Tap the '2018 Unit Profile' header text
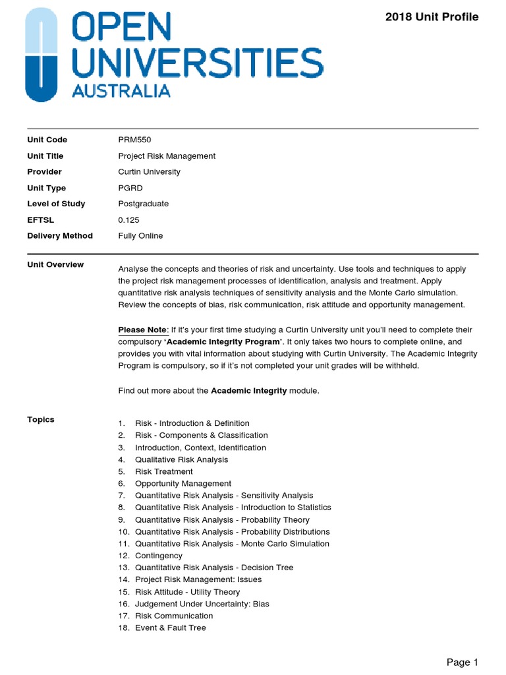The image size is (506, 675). pos(432,17)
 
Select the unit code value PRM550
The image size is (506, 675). pos(135,140)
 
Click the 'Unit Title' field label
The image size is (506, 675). pos(45,156)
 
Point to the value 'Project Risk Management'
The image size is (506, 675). pos(167,156)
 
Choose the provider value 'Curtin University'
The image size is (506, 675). pos(149,172)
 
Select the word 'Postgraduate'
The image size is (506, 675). pos(143,204)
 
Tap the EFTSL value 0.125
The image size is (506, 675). pos(128,220)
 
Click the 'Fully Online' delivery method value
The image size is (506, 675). pos(140,236)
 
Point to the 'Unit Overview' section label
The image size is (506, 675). pos(55,265)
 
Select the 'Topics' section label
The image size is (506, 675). pos(41,420)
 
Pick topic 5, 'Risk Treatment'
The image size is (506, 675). pos(163,471)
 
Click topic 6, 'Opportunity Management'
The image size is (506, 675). pos(183,484)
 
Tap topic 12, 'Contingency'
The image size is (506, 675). pos(159,556)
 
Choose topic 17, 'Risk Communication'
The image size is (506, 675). pos(174,616)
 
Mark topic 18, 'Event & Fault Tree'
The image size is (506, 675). pos(170,628)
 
